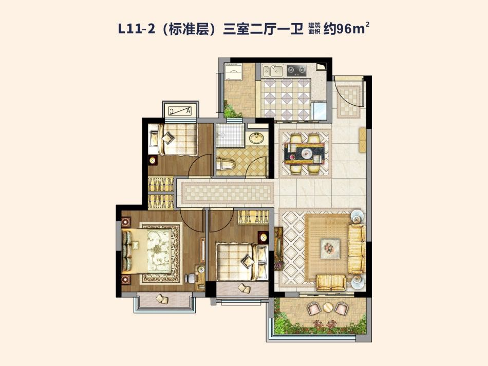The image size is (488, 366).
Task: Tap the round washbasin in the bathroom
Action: [256, 137]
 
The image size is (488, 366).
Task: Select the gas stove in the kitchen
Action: [296, 70]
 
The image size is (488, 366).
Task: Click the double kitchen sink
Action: [272, 71]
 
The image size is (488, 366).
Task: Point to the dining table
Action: [304, 153]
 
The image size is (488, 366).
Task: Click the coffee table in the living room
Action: [330, 248]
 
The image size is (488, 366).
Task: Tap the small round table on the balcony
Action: [327, 307]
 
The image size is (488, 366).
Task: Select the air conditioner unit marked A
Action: [180, 111]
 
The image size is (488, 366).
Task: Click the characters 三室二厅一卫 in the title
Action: [263, 29]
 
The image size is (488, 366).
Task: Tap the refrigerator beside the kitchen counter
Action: [319, 111]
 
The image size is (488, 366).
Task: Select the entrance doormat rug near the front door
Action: [349, 101]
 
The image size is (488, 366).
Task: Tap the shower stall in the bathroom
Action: [230, 135]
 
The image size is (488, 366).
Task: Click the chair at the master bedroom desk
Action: [190, 278]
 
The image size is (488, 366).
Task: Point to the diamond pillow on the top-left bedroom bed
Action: [168, 138]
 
